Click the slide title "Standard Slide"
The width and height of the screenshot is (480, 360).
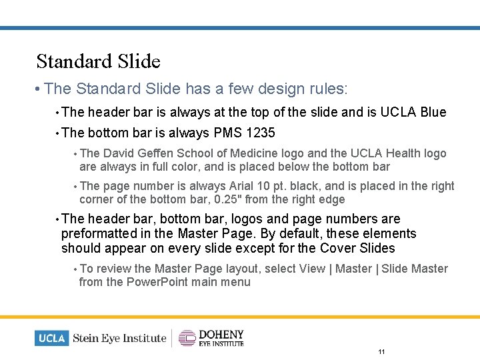pos(99,61)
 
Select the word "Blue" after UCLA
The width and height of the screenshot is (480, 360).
pos(433,112)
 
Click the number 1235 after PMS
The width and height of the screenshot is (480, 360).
pos(261,132)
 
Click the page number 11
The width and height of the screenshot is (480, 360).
pos(381,351)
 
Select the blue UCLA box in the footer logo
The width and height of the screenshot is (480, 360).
pos(51,338)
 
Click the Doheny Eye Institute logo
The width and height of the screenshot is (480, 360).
pos(211,338)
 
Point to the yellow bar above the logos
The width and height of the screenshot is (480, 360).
pos(240,317)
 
